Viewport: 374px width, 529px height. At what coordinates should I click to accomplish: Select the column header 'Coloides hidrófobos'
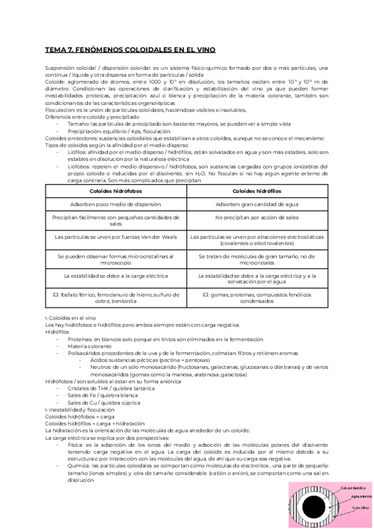[117, 190]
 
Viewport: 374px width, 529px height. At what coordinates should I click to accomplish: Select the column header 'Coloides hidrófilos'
[257, 190]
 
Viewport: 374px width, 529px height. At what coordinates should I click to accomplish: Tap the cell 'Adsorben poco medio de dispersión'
[117, 204]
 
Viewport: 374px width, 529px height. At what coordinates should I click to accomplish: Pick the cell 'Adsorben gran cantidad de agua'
[257, 204]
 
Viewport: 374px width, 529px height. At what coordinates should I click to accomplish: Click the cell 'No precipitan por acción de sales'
[257, 219]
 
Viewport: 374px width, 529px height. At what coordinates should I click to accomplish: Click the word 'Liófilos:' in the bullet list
[79, 152]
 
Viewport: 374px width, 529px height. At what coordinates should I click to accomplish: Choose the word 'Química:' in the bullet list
[80, 467]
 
